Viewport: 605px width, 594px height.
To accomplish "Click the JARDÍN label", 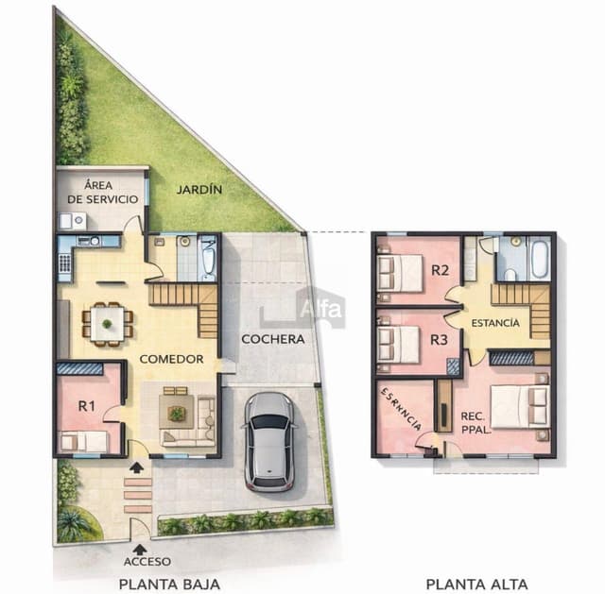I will [199, 190].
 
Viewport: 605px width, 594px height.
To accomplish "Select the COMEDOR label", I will [172, 359].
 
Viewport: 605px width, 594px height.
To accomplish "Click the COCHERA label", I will [272, 339].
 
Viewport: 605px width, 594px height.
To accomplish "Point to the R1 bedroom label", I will [86, 406].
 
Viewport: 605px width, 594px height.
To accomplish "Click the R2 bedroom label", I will [440, 270].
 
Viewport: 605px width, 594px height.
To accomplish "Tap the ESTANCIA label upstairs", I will [494, 323].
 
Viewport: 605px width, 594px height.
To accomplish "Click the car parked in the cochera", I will [269, 440].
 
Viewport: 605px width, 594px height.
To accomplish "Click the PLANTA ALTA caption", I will [476, 584].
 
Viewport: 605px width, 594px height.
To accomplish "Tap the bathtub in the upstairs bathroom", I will [539, 259].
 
